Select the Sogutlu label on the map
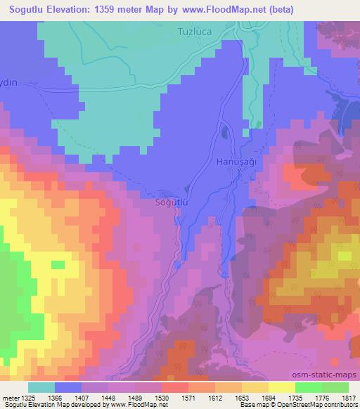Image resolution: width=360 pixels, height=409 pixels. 172,202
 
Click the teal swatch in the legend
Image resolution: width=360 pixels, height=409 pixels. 41,387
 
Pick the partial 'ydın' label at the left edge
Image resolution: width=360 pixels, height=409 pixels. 9,83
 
